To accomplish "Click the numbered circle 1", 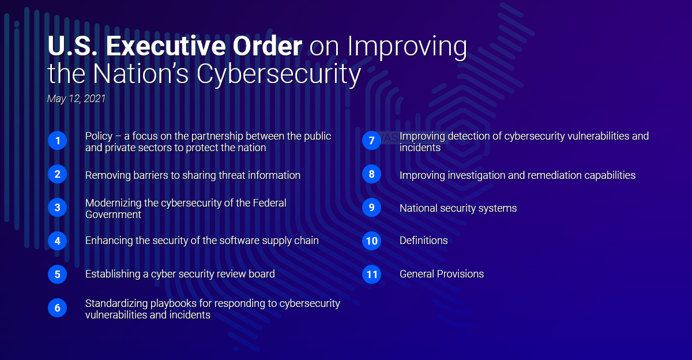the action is [58, 141].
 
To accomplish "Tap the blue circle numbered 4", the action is [58, 241].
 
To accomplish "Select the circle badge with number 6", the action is [58, 307].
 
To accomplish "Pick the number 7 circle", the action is [371, 141].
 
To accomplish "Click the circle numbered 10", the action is [371, 241].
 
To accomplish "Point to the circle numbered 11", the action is [371, 275].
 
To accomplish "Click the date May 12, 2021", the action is [76, 99].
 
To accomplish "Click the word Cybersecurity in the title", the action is [279, 74].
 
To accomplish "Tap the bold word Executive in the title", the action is [166, 46].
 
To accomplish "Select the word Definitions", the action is [423, 241].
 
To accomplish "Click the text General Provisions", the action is [442, 274].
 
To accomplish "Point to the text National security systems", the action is [458, 208].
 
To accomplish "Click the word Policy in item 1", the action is [99, 136].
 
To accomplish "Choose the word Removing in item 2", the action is [108, 175].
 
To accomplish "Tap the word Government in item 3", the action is [114, 215].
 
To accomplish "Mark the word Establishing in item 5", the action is [113, 274].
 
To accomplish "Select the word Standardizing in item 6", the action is [116, 303].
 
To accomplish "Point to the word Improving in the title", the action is [407, 47].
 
